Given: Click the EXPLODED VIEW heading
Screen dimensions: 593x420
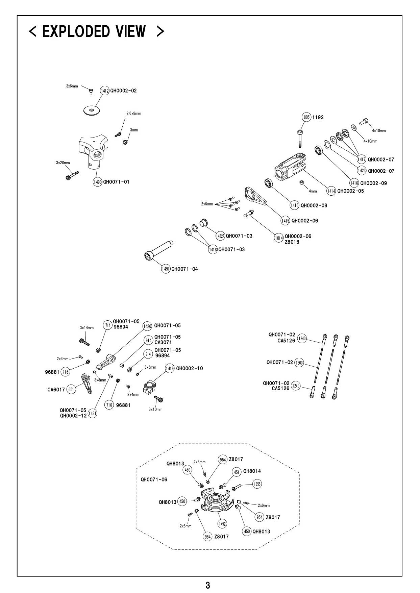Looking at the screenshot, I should (97, 31).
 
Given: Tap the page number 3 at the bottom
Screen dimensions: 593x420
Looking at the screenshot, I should (208, 585).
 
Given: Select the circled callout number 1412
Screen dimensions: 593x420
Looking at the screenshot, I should (105, 91).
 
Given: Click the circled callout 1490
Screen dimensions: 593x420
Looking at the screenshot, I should (97, 182).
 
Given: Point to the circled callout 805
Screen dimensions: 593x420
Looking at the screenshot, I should (306, 117).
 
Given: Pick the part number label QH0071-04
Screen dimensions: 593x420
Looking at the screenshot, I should (184, 269).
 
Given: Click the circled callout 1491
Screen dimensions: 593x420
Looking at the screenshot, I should (166, 269).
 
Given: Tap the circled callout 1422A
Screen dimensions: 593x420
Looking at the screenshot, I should (220, 236).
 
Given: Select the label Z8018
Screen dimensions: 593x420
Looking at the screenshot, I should (292, 242).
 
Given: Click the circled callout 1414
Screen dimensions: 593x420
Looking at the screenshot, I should (331, 191).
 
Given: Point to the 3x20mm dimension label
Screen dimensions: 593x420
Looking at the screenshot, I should (63, 163).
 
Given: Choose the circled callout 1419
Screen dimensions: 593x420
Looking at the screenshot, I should (170, 368).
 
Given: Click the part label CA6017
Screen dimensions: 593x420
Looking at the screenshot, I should (56, 390).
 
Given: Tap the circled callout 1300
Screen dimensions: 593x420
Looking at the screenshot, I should (299, 363).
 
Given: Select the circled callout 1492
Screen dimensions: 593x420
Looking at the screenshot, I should (222, 524).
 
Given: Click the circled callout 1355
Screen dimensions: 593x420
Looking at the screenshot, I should (257, 484).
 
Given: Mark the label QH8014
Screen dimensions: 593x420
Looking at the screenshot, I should (252, 471).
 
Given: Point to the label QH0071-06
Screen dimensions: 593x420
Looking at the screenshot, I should (154, 480).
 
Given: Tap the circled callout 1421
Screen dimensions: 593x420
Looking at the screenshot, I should (92, 413).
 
